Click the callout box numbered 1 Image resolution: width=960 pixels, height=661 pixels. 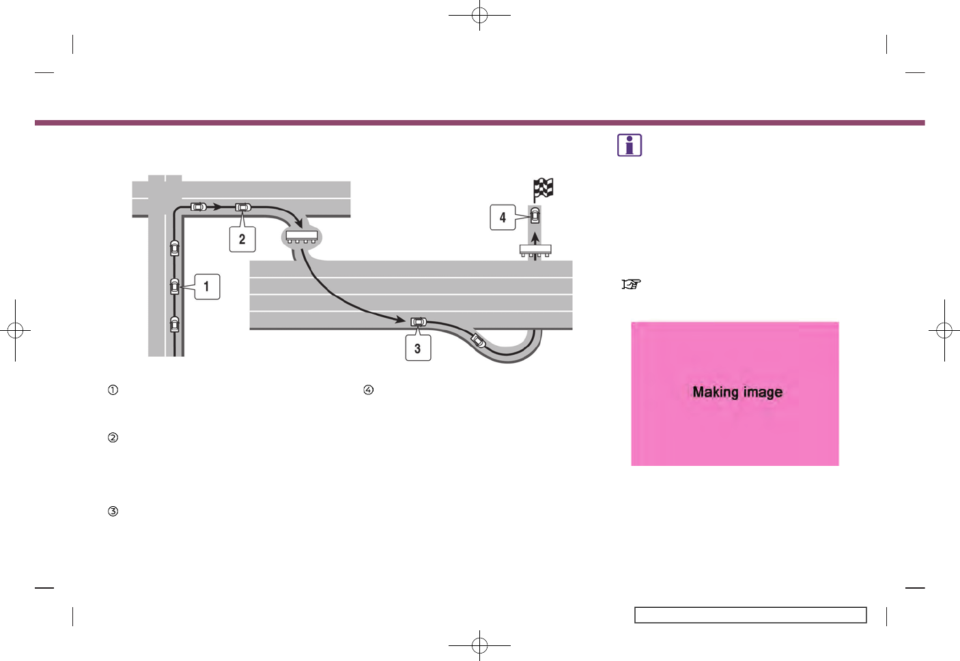208,287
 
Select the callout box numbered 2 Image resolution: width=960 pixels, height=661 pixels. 242,239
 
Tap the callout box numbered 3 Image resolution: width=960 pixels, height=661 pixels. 419,348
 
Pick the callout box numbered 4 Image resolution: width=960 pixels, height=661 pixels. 503,218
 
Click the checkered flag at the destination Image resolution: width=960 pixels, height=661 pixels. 543,190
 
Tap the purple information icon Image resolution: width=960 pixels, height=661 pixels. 630,145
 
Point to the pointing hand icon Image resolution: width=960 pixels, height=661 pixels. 631,284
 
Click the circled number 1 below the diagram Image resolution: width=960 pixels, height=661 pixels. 113,390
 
